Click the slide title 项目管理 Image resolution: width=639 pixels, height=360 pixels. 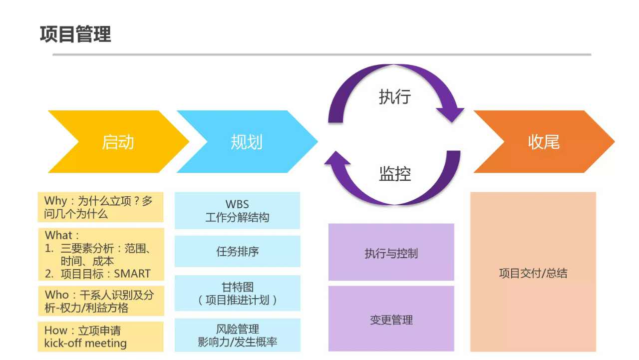tap(75, 34)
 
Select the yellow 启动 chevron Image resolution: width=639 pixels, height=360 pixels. tap(118, 142)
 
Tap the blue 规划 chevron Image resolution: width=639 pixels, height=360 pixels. tap(247, 142)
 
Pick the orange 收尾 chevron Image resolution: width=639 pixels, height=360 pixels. tap(544, 142)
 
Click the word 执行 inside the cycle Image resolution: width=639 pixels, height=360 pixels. tap(394, 96)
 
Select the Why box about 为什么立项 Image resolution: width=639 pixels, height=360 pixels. tap(100, 207)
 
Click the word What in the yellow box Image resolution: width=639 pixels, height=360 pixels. tap(58, 235)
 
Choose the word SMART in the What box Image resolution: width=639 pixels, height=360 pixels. tap(132, 274)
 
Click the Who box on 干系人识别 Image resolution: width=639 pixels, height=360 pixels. tap(100, 301)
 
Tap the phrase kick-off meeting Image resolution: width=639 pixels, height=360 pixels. tap(85, 344)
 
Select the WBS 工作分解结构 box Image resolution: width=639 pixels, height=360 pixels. tap(237, 211)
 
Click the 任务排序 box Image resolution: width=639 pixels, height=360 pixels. tap(237, 251)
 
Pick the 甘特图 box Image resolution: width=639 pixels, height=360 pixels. tap(237, 293)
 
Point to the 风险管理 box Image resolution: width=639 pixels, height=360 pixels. tap(237, 335)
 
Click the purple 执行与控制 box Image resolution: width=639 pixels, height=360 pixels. tap(391, 253)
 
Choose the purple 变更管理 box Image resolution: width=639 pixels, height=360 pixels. tap(391, 319)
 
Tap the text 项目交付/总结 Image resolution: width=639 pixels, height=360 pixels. tap(533, 273)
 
